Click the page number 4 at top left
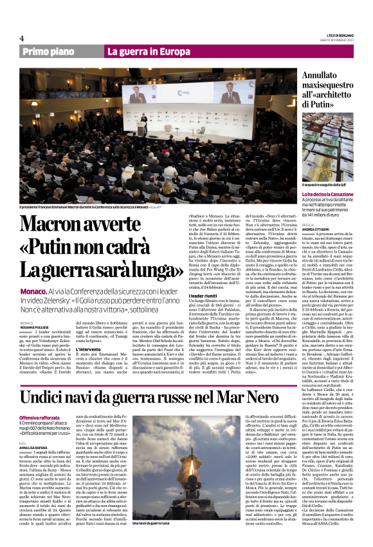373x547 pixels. (x=22, y=39)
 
